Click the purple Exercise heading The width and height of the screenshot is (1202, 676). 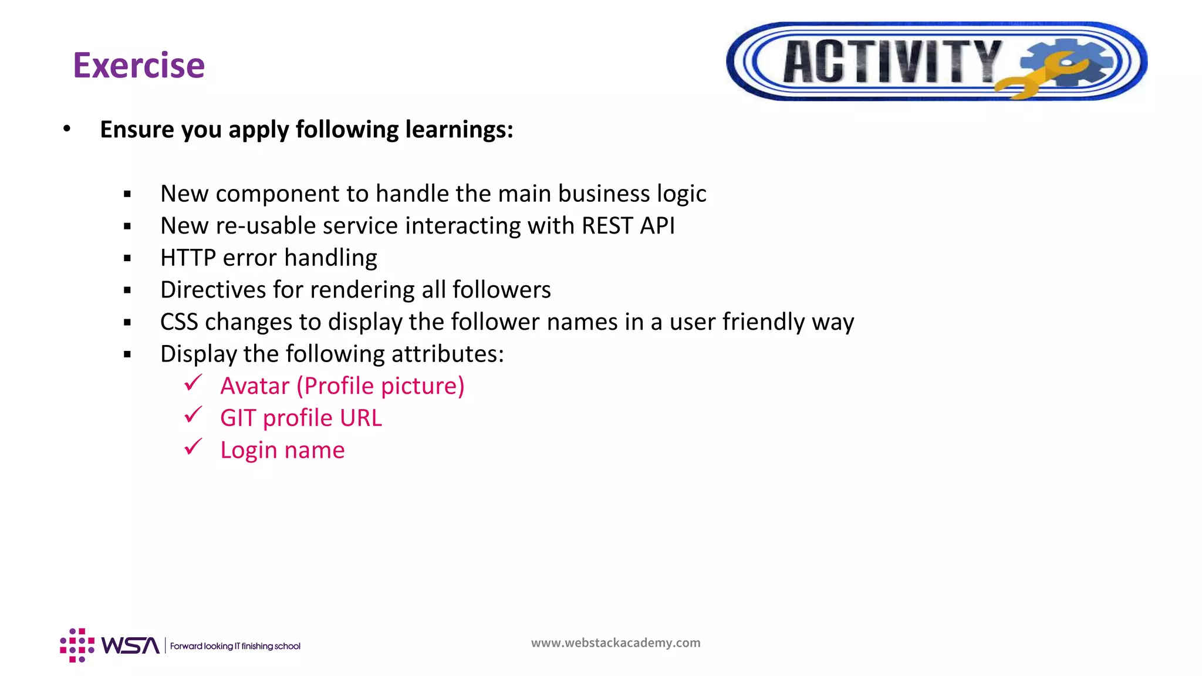click(139, 65)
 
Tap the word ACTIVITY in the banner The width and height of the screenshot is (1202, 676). click(891, 62)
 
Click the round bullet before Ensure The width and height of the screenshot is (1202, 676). click(67, 129)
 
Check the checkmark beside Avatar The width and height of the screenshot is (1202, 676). click(193, 384)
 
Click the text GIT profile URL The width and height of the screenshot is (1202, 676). click(300, 418)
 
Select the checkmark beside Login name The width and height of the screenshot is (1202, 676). click(193, 448)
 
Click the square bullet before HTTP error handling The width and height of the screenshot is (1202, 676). click(127, 258)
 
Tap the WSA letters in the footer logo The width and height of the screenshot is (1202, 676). click(130, 645)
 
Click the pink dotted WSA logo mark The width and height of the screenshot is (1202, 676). click(77, 645)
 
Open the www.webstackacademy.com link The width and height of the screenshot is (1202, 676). click(615, 643)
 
